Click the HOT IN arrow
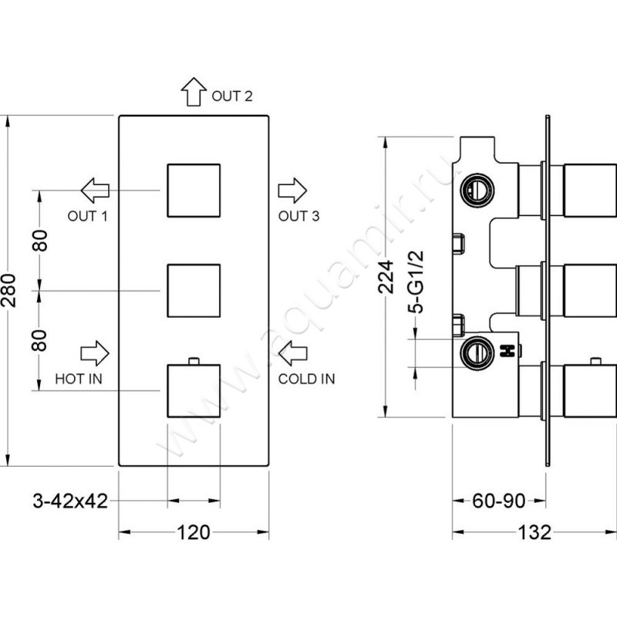95,352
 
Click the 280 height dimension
9,290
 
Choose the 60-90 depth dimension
498,501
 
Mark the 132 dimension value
533,532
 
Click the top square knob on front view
194,190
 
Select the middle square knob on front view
194,291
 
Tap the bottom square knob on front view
194,390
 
